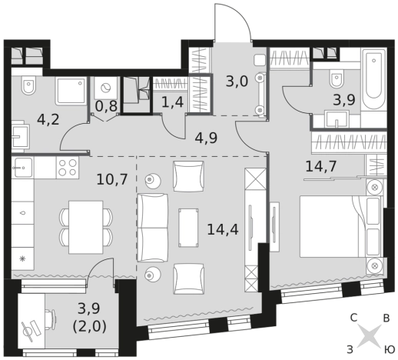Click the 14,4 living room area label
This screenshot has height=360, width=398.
[x=223, y=229]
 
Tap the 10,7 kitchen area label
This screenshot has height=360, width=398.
[x=112, y=179]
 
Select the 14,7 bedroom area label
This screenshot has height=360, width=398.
[x=321, y=166]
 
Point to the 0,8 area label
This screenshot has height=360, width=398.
[x=106, y=106]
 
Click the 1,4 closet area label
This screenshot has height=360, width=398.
[x=173, y=102]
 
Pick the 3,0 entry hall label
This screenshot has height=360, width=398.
[x=237, y=82]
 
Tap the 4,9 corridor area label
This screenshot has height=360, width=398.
[x=206, y=138]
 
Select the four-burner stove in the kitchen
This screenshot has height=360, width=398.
[x=68, y=168]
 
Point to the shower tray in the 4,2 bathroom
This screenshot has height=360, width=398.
[x=71, y=91]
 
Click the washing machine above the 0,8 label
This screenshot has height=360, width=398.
[x=106, y=88]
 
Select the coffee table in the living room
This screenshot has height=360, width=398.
[x=188, y=228]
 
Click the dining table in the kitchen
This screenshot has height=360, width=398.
[x=86, y=227]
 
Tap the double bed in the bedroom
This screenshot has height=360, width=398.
[x=341, y=226]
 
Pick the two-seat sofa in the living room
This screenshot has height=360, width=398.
[x=153, y=228]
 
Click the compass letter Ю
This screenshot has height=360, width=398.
[x=389, y=349]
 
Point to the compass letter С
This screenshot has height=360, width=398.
[x=353, y=318]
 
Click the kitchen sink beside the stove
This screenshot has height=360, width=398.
[x=23, y=168]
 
